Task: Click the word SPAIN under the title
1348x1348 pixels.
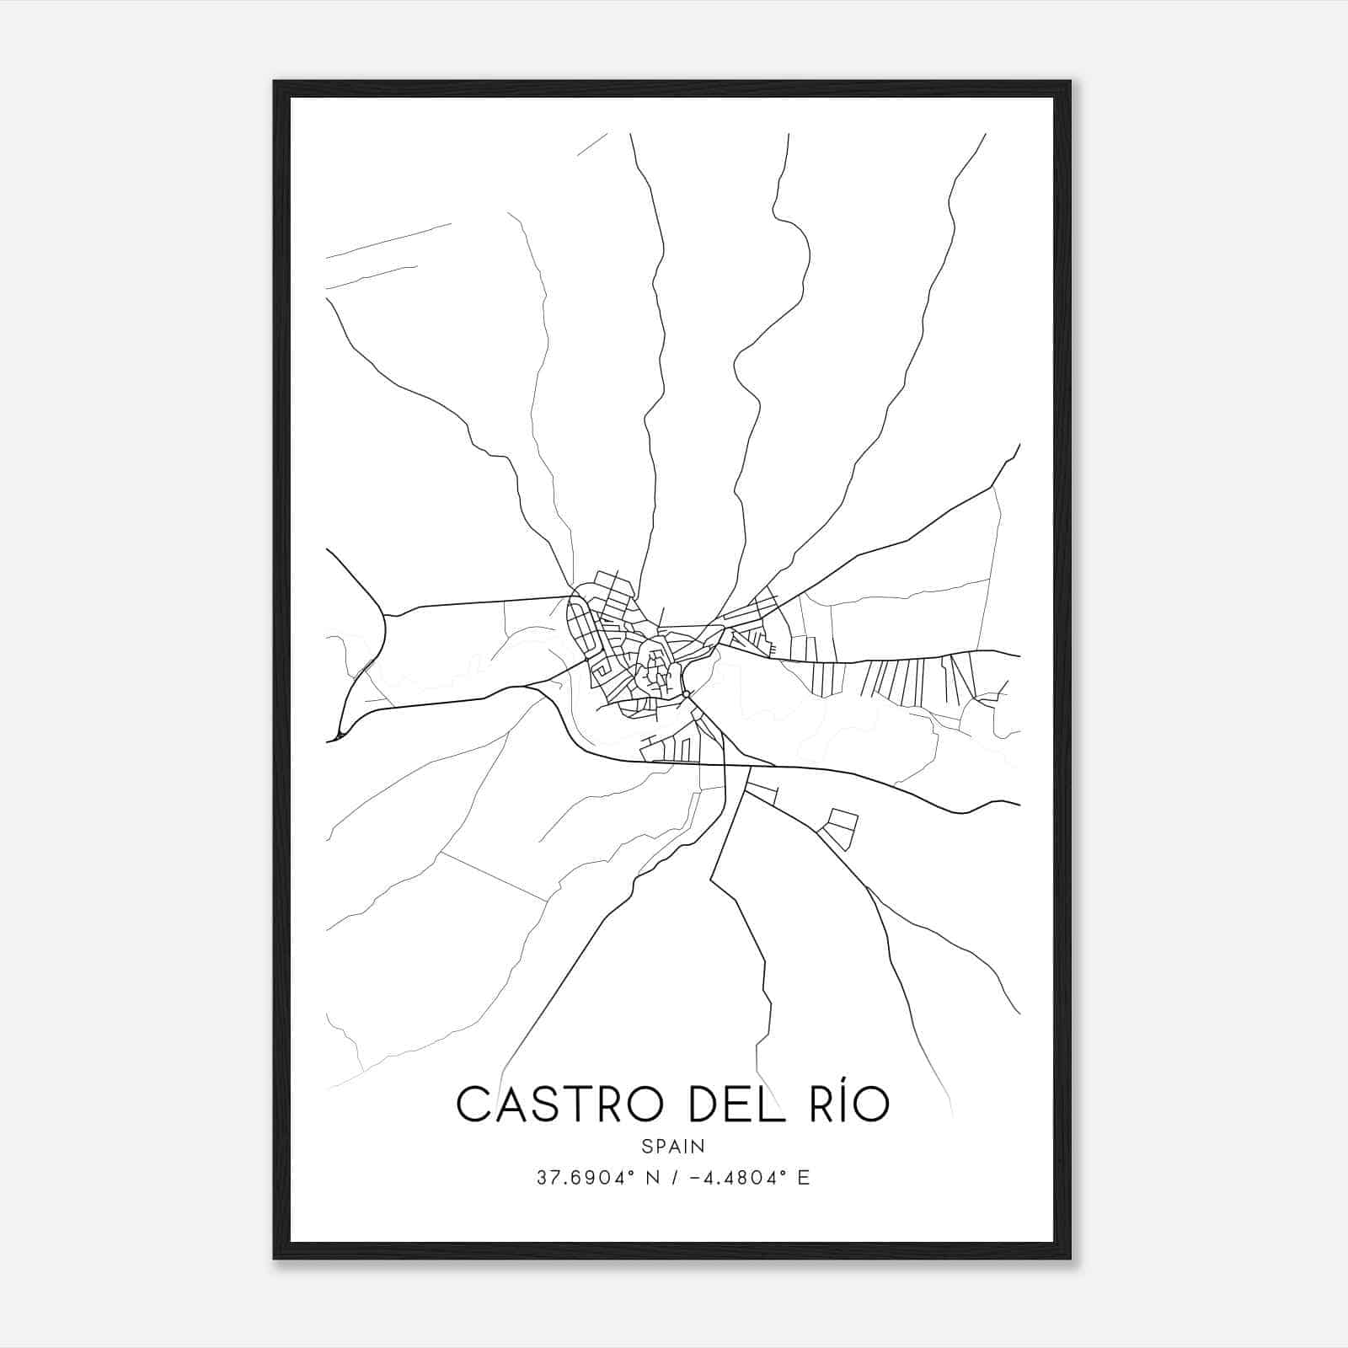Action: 673,1147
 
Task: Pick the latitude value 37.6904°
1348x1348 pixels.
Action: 584,1178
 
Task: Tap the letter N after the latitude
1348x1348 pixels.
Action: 649,1178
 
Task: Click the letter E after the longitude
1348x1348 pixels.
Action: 803,1178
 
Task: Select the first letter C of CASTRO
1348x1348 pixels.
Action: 473,1104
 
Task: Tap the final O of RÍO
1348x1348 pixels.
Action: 869,1105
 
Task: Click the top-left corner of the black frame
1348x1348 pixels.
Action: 275,83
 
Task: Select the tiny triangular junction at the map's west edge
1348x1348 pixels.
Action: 339,736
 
